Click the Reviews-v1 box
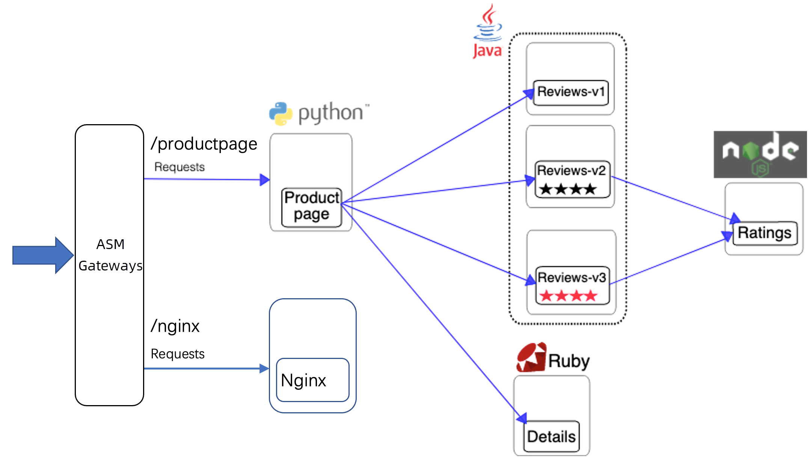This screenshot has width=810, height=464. coord(570,92)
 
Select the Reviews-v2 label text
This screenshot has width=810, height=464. coord(571,171)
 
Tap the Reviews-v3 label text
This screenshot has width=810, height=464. coord(572,278)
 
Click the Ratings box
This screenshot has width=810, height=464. coord(765,233)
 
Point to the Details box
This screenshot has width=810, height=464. coord(551,437)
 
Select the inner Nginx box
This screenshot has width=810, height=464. coord(312,380)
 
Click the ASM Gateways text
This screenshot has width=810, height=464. coord(110,255)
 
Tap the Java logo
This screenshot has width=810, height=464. coord(487,32)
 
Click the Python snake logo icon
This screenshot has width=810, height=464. coord(281,113)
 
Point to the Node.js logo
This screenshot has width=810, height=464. coord(760,154)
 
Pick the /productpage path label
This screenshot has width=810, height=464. coord(204,144)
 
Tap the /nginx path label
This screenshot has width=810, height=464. coord(175,326)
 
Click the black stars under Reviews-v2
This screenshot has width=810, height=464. coord(568,189)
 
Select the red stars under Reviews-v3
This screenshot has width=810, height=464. coord(568,296)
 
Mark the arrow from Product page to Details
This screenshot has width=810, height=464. coord(432,311)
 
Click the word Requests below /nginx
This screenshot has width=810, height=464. coord(178,354)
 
